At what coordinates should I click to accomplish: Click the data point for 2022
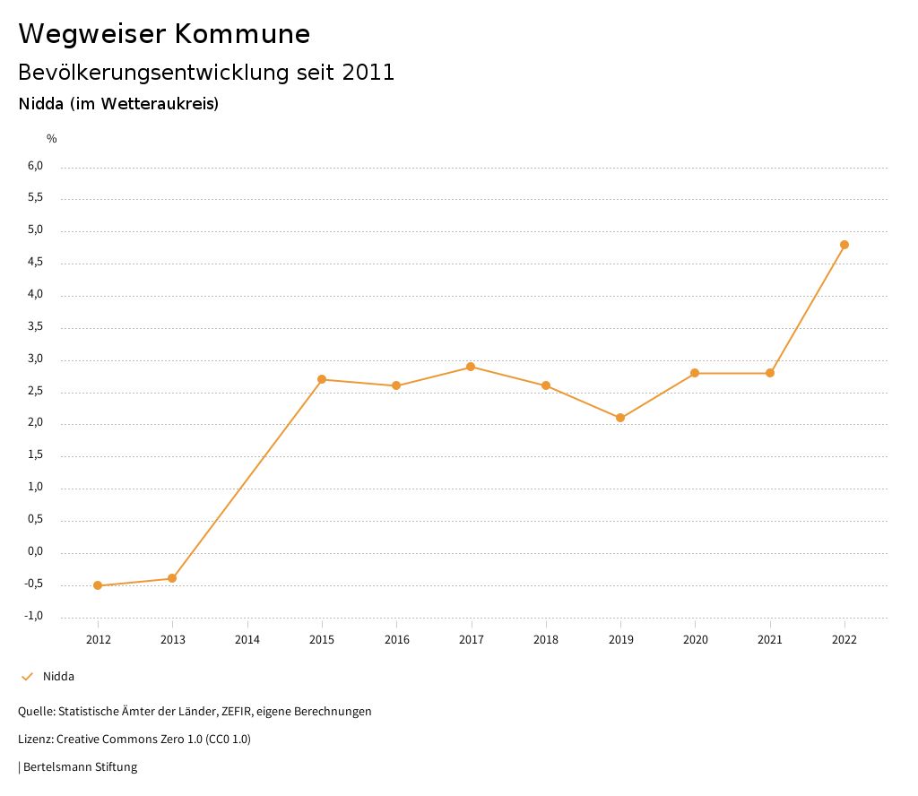844,245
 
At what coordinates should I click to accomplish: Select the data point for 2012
98,585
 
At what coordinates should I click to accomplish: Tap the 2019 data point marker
620,418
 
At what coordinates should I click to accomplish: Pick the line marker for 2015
322,379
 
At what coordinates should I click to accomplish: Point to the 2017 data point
471,367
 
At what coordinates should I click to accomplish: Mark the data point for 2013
172,578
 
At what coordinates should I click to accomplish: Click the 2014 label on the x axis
247,639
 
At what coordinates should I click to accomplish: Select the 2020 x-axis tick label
695,639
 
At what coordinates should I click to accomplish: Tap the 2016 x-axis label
396,639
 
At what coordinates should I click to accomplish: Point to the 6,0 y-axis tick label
36,166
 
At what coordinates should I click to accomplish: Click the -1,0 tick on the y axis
34,616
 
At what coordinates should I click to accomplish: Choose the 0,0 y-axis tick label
36,551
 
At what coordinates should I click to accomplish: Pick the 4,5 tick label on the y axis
36,263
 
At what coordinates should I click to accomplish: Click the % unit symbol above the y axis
52,139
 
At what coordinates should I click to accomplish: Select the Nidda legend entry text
58,677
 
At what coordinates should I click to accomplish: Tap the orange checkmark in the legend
27,677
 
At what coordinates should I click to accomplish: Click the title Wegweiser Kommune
164,34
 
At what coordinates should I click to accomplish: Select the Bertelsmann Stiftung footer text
80,767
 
